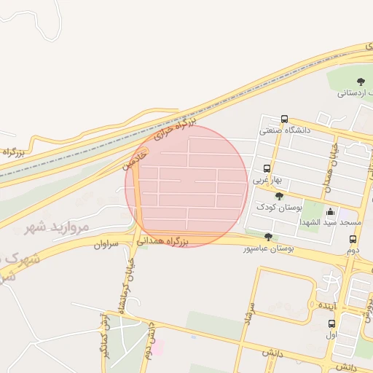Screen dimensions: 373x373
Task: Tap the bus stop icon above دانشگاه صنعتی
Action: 284,119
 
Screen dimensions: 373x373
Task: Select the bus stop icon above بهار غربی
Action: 267,169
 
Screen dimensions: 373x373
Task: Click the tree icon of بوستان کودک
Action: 279,196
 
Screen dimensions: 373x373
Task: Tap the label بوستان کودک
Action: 278,207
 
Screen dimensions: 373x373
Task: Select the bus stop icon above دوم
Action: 353,239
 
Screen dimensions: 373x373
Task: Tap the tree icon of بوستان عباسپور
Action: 268,237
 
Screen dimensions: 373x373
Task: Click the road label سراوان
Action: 106,245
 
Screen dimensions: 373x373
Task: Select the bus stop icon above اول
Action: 332,324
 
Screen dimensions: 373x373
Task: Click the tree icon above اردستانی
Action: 361,82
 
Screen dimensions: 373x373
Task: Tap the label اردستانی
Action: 356,93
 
